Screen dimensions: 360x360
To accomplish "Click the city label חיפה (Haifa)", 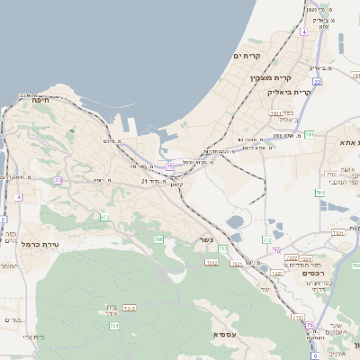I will coord(40,100).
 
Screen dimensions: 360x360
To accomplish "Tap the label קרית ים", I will coord(246,56).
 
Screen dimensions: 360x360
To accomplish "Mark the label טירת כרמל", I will coord(40,244).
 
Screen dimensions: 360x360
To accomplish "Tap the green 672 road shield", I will coord(105,217).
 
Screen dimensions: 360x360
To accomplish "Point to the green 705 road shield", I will coord(158,238).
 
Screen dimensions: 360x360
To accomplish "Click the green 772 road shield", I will coord(266,240).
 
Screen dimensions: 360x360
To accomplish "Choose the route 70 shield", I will coord(277,250).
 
